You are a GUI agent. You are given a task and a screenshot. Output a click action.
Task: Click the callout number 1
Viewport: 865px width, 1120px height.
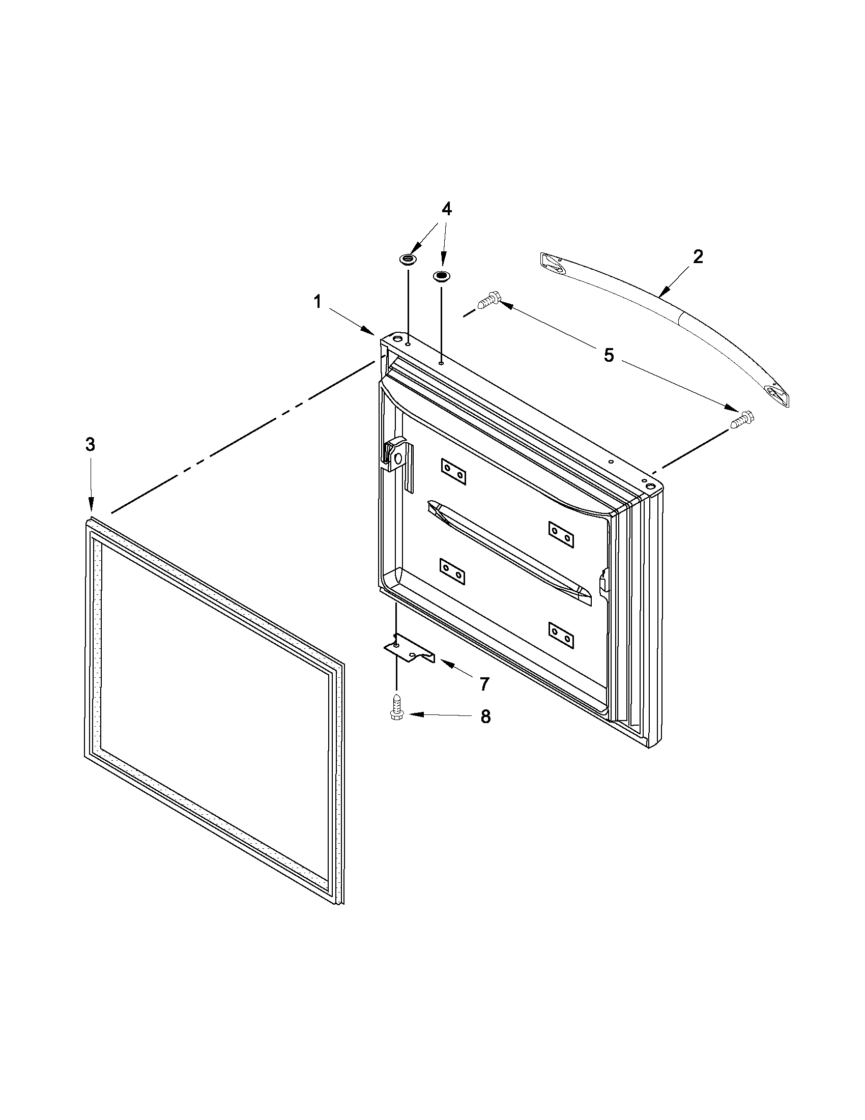(318, 302)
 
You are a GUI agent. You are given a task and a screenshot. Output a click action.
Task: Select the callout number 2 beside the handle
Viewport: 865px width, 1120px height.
(698, 256)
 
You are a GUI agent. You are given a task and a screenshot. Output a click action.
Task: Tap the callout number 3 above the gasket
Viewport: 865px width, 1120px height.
(90, 445)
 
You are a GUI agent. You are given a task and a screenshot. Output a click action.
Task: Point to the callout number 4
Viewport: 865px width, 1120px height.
(447, 209)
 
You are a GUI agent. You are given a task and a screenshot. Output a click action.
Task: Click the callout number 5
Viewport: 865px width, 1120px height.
(609, 355)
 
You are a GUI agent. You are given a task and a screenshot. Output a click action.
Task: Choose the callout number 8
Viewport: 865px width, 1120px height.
(485, 717)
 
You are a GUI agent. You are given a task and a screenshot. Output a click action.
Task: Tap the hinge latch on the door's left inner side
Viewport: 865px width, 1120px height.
(397, 453)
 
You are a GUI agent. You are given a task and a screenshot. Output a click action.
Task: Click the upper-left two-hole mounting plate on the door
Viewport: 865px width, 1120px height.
(453, 472)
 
